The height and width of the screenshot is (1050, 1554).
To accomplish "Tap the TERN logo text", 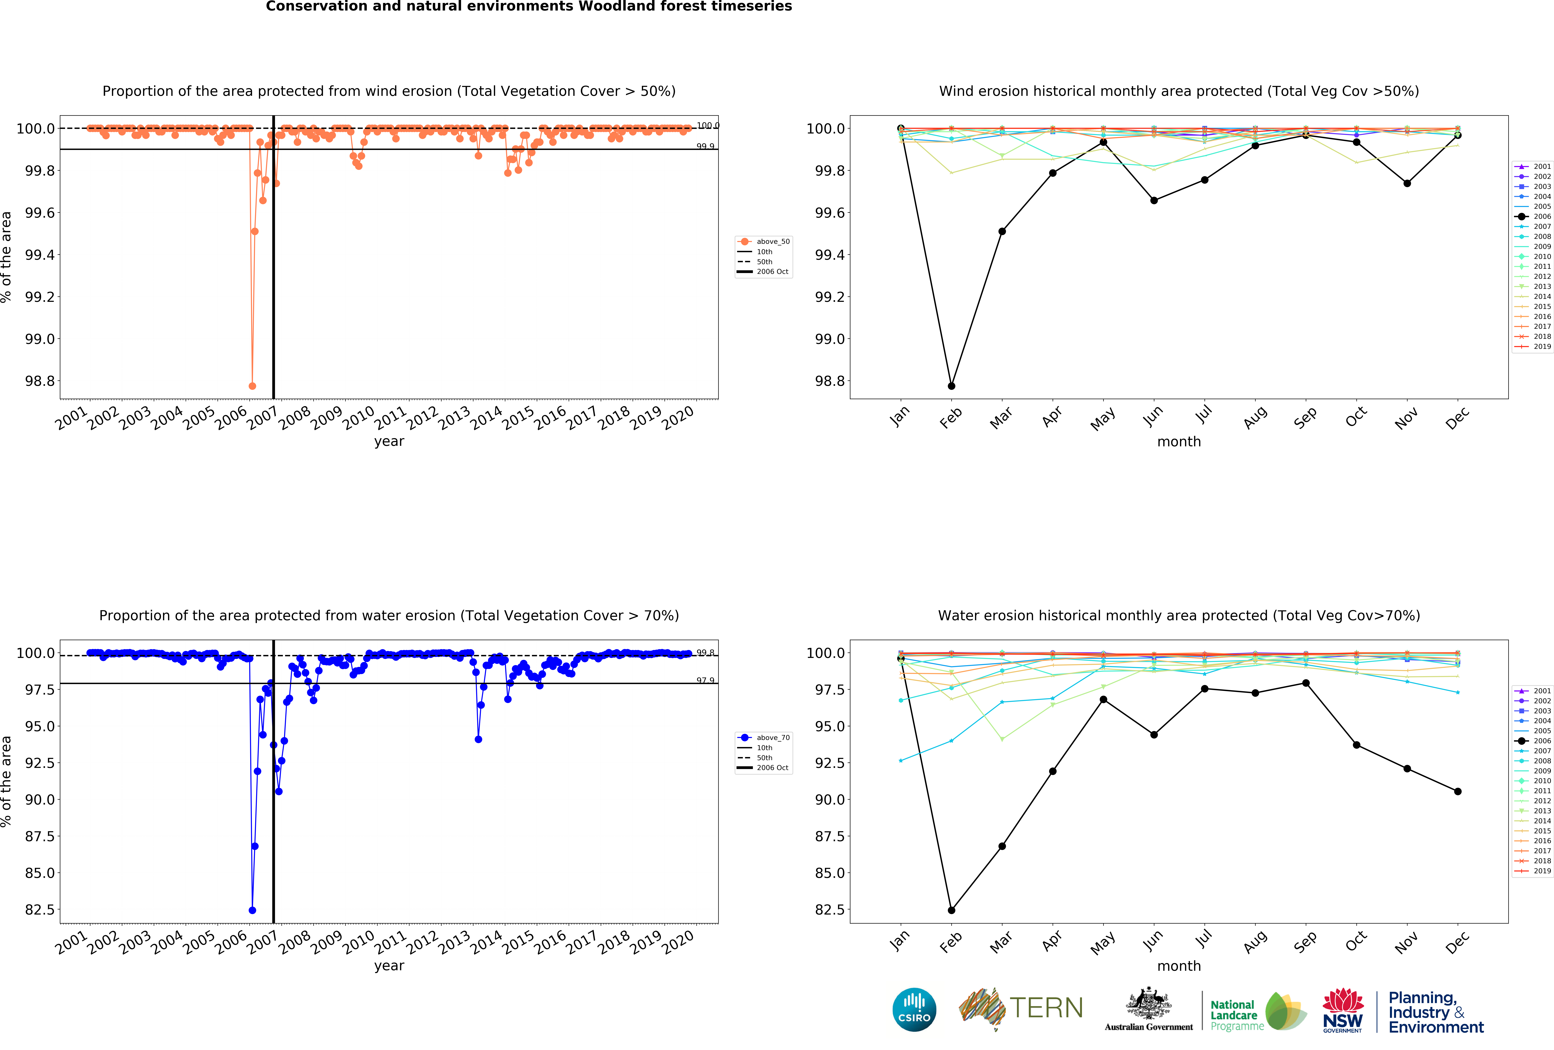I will (1047, 1008).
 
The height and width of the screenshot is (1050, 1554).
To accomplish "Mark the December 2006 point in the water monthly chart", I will (1458, 791).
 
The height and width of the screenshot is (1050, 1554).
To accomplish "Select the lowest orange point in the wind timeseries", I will (252, 386).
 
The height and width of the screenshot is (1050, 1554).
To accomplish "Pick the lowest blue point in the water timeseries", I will (252, 910).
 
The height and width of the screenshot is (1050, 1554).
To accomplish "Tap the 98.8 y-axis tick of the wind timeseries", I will (40, 381).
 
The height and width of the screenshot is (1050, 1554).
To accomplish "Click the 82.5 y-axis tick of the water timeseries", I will (40, 910).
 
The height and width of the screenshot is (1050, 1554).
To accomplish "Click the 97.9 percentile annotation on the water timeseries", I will (705, 680).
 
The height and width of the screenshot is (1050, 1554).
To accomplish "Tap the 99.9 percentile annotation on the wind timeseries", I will (705, 146).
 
